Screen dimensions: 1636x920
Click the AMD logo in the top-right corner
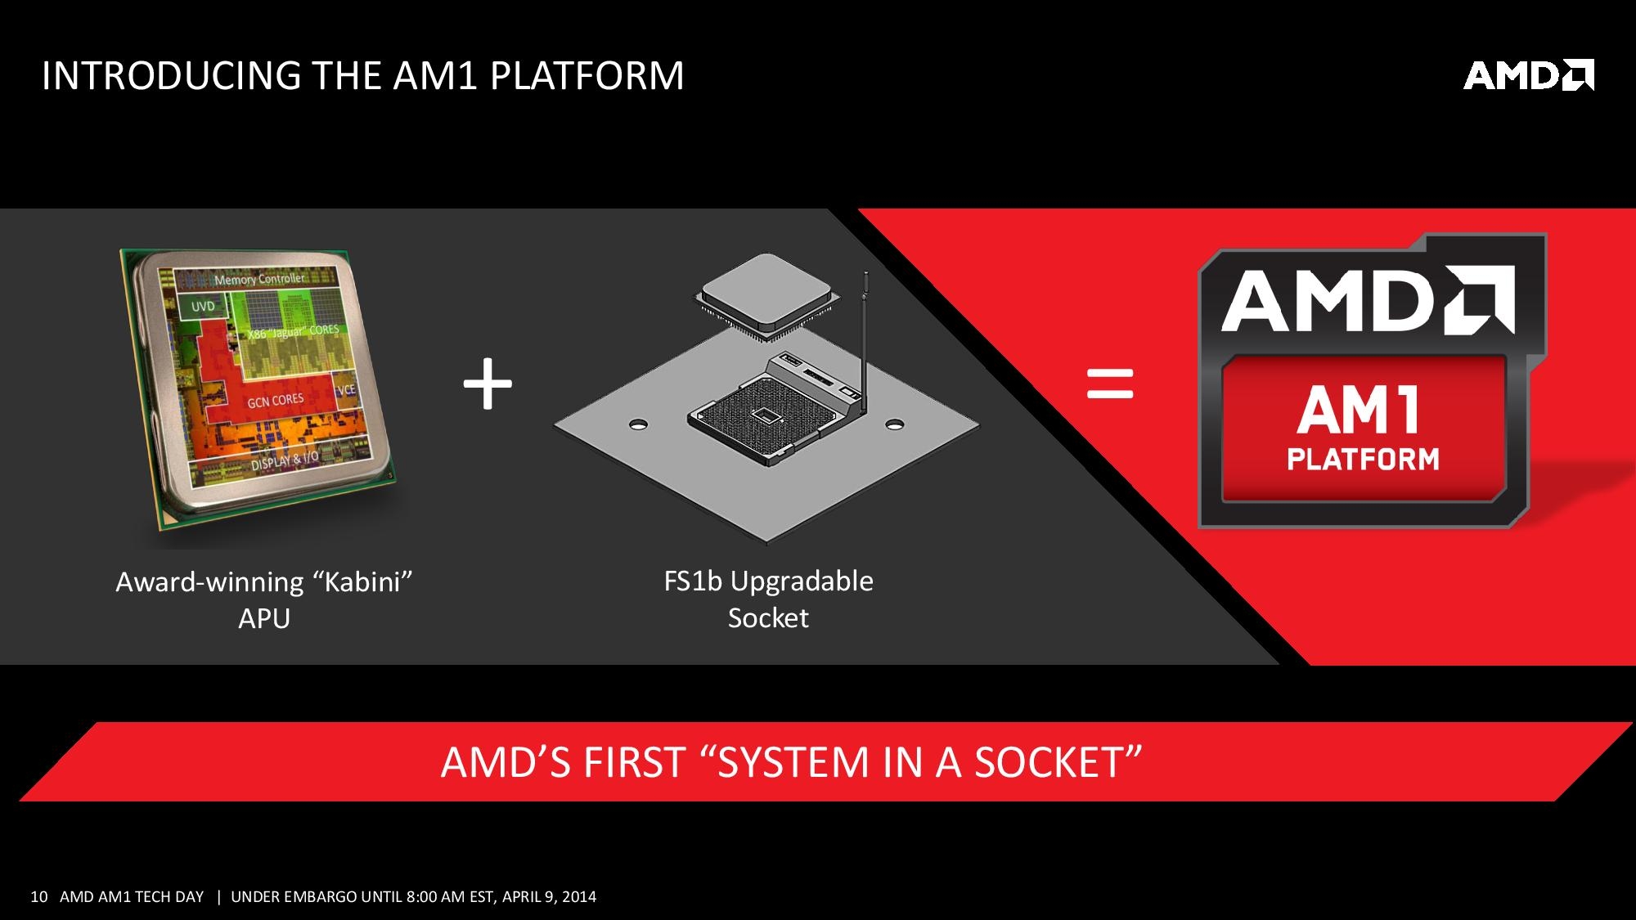coord(1528,75)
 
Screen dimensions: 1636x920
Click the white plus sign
coord(488,383)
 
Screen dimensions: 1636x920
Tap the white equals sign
coord(1110,383)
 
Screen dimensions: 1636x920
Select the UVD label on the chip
coord(203,307)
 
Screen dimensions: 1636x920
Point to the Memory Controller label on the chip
coord(259,279)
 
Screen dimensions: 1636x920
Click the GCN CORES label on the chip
coord(276,401)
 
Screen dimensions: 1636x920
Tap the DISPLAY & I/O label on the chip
coord(285,460)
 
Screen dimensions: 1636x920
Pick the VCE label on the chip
coord(346,389)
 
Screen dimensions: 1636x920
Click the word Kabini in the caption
coord(362,582)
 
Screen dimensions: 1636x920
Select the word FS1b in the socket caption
coord(693,581)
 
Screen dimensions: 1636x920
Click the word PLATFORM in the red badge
coord(1363,459)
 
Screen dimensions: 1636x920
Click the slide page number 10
coord(38,896)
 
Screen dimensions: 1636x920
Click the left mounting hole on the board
coord(638,424)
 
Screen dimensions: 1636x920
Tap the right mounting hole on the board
coord(895,424)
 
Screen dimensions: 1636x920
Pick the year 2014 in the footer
coord(579,896)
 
